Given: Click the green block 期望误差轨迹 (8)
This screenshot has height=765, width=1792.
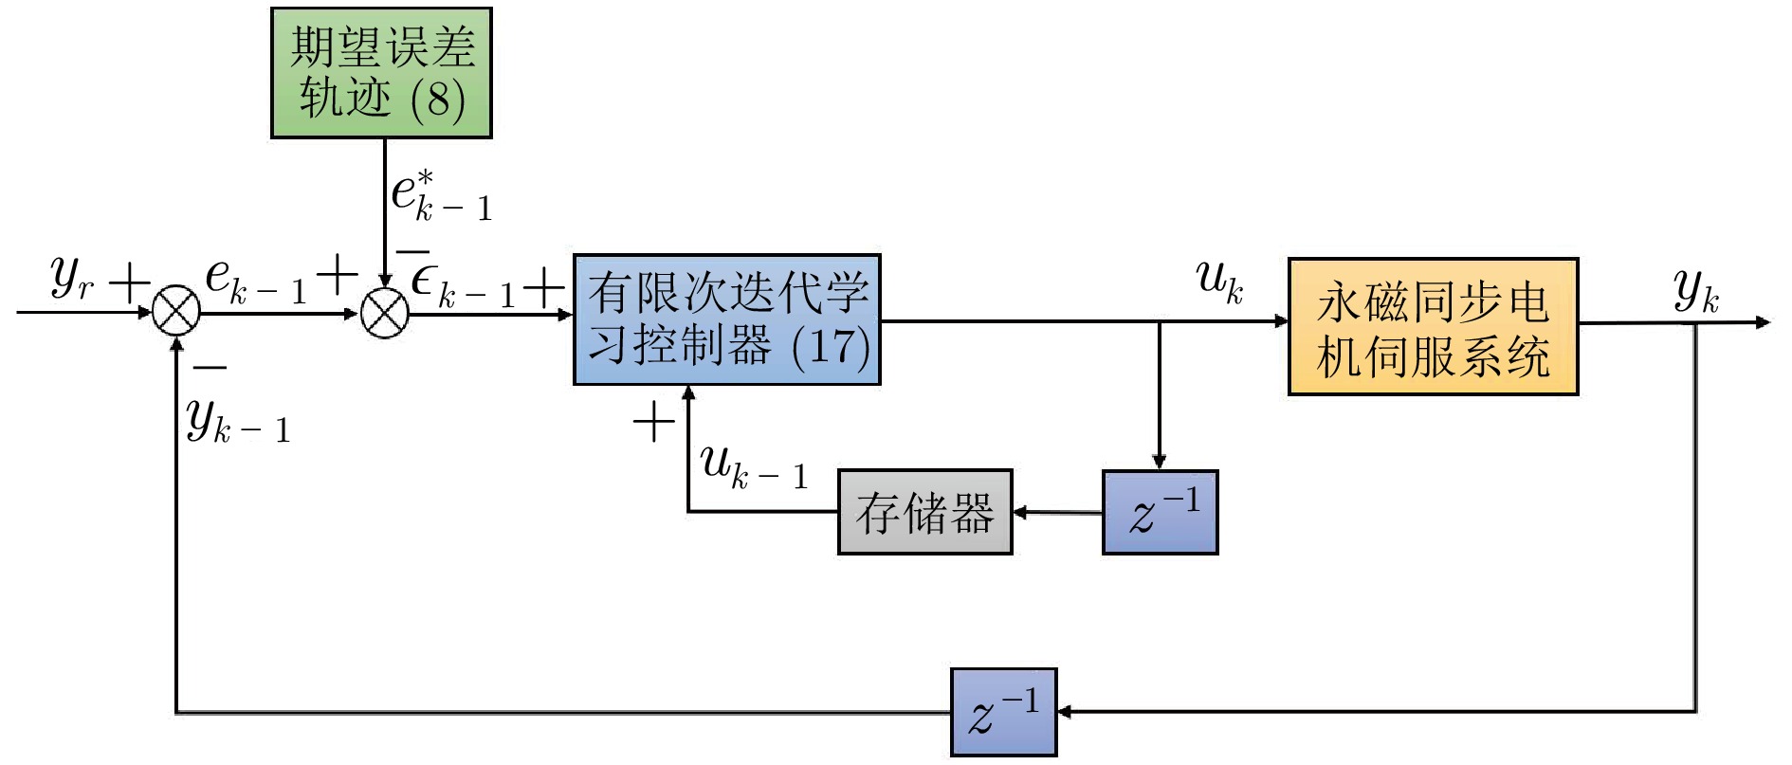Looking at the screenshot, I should (x=381, y=73).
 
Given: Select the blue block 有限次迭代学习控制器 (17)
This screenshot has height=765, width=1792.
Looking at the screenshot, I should (x=726, y=319).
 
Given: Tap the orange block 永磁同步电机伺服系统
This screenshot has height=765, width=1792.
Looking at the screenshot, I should (x=1432, y=326).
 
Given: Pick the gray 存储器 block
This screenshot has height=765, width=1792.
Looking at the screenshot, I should (x=924, y=512).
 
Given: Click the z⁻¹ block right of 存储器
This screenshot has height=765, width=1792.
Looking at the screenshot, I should (x=1160, y=512).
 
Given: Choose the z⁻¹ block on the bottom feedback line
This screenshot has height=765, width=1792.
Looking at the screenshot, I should (x=1003, y=712).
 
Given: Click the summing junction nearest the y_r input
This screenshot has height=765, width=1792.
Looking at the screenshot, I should (x=176, y=312).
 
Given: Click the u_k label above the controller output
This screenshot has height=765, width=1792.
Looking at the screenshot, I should (x=1219, y=281).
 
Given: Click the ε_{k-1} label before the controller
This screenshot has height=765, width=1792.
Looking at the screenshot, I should (x=463, y=284).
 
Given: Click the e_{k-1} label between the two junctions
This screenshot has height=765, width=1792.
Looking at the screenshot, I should (x=256, y=282).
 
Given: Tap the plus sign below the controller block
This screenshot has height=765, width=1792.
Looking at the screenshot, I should (x=653, y=422).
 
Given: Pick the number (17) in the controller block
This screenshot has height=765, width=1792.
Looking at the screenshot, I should (x=832, y=346).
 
